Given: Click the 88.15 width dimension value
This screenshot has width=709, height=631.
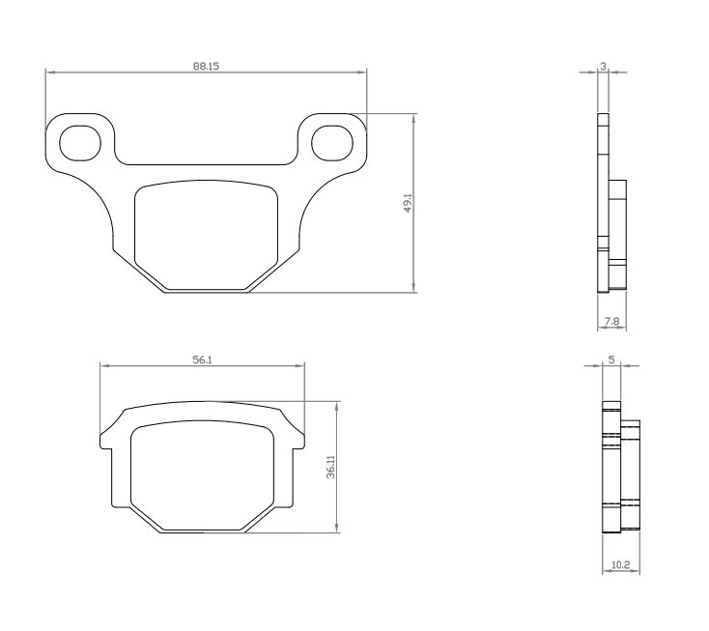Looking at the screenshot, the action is click(x=206, y=66).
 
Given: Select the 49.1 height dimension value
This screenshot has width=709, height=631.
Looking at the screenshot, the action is click(x=408, y=203).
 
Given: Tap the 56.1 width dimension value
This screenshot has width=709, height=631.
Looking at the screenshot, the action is click(x=203, y=360).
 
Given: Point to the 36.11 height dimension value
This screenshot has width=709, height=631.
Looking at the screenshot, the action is click(x=331, y=467).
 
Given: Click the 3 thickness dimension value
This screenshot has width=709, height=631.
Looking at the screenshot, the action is click(x=603, y=66).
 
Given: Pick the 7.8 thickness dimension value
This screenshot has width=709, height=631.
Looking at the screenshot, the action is click(x=611, y=322).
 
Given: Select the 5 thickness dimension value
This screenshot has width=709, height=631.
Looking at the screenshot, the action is click(x=611, y=360).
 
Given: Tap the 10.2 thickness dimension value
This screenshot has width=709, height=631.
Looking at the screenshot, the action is click(x=620, y=565).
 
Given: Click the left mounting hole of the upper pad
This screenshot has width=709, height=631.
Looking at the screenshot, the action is click(x=80, y=143).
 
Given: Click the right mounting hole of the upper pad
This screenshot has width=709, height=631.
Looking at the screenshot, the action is click(x=332, y=143).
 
